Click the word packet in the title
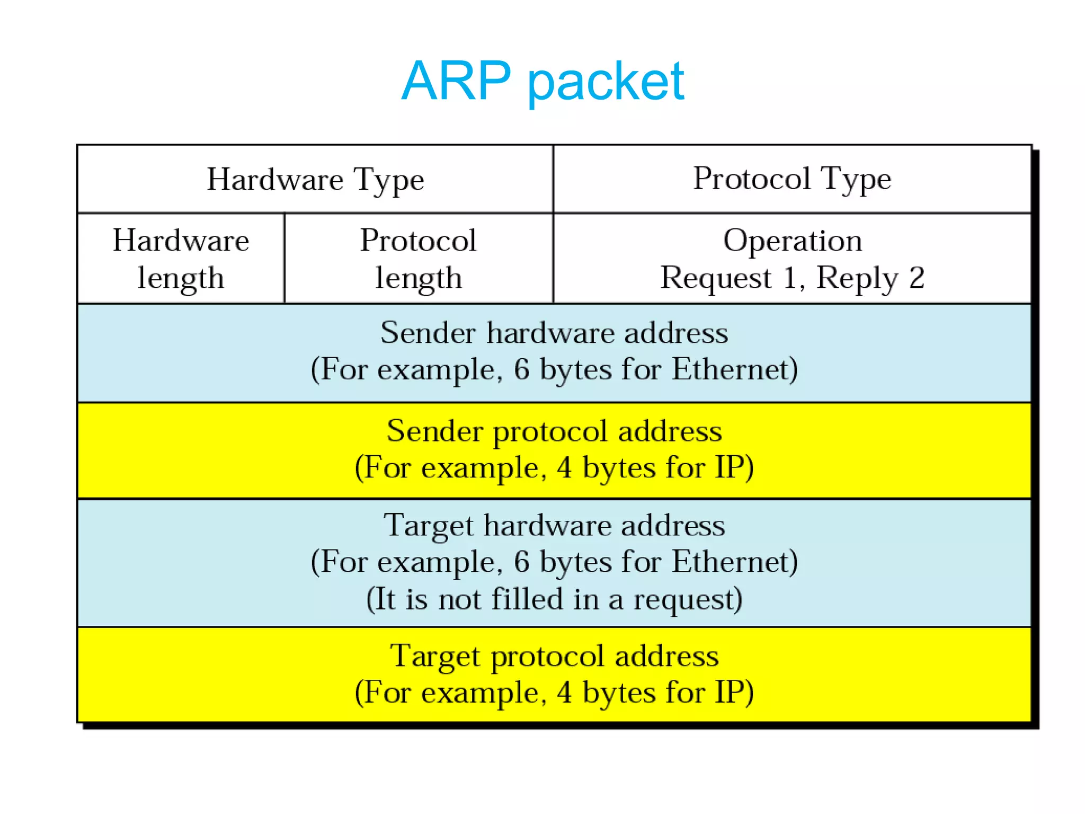click(x=606, y=82)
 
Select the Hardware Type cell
click(x=315, y=179)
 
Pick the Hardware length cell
click(x=181, y=259)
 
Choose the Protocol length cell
click(x=418, y=259)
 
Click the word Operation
click(x=792, y=241)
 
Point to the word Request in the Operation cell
click(x=715, y=278)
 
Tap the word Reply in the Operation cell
click(x=857, y=278)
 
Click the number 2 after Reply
click(x=917, y=278)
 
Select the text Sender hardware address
click(x=554, y=333)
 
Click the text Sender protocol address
click(x=554, y=430)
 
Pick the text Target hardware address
click(x=554, y=525)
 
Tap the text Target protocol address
click(x=554, y=656)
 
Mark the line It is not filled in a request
click(x=554, y=599)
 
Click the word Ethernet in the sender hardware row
click(x=734, y=369)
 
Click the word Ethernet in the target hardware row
click(x=734, y=562)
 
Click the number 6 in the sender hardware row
click(x=521, y=369)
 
